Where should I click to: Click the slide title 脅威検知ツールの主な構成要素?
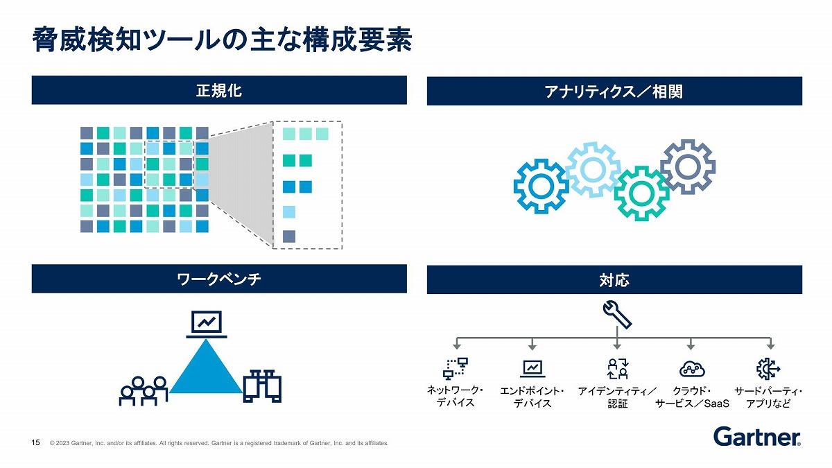(222, 40)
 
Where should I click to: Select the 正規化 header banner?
(219, 90)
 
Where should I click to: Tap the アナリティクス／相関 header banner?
(614, 91)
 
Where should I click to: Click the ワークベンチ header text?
(219, 279)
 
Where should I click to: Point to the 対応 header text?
(614, 280)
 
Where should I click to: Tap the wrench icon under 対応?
(617, 315)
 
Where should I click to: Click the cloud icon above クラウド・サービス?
(692, 369)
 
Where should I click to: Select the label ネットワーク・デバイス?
(455, 397)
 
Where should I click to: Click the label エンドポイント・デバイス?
(532, 397)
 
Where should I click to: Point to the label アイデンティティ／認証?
(617, 397)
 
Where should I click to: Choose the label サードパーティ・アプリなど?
(768, 397)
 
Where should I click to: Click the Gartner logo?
(757, 436)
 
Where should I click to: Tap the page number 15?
(35, 442)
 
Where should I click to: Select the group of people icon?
(144, 391)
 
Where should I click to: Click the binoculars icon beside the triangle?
(262, 386)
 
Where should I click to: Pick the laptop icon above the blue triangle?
(207, 324)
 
